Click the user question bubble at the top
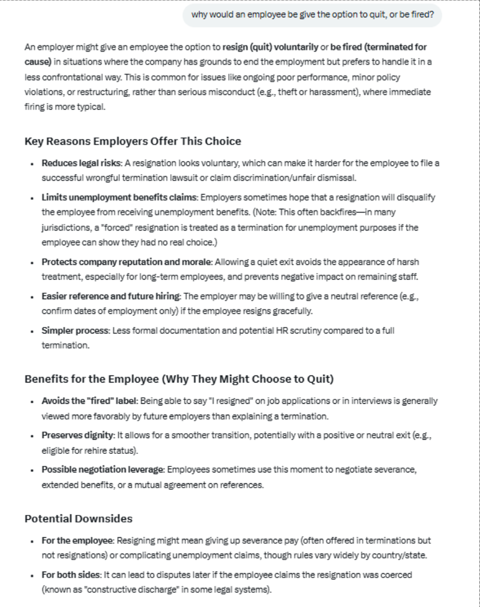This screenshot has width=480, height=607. coord(312,15)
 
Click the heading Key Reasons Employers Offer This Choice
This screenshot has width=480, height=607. coord(133,141)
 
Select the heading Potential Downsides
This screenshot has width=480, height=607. coord(78,518)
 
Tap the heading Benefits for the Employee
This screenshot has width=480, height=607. coord(179,379)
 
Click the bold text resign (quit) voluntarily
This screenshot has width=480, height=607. coord(270,47)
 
